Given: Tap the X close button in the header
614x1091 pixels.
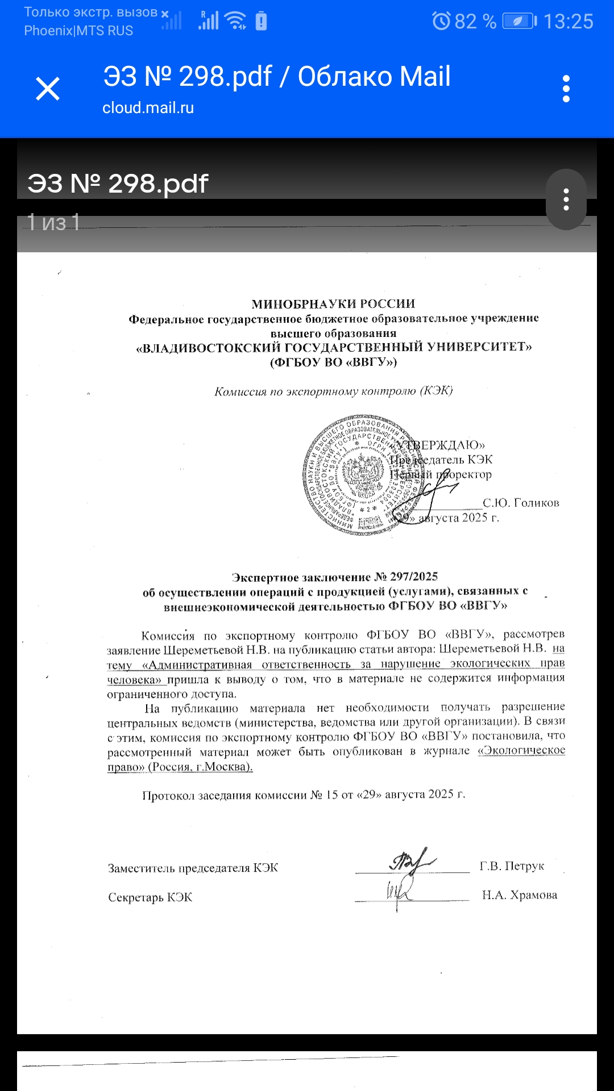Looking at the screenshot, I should [x=48, y=89].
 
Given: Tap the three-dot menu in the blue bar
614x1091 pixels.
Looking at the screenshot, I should [x=566, y=89].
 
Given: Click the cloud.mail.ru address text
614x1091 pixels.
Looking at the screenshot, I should [x=148, y=108].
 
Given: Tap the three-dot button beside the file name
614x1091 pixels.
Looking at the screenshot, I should [x=566, y=199].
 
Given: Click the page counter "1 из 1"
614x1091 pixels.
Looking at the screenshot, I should [x=53, y=222].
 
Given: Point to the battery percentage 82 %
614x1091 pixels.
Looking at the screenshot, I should [x=475, y=22].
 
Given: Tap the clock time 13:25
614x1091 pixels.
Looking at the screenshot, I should [x=568, y=22].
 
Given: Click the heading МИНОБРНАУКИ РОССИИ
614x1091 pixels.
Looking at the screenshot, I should [x=333, y=304].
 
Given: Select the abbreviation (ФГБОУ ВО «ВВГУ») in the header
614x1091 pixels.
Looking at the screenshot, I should [x=333, y=362].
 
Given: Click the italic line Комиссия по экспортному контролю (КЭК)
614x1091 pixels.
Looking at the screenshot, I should [x=333, y=392].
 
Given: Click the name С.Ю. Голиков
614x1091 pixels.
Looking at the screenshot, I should [x=521, y=503].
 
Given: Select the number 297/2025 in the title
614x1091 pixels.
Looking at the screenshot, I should [x=413, y=577].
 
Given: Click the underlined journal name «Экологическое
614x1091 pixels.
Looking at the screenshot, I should [x=521, y=750].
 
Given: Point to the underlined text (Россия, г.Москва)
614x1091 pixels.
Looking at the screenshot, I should [x=200, y=767].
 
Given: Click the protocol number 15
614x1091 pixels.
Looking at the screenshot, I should [x=332, y=795].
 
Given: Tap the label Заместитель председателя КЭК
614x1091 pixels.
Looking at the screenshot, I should [x=193, y=868].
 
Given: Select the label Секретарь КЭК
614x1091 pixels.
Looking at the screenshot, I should [x=150, y=898].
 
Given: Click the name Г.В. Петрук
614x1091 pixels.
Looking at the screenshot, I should [x=512, y=867].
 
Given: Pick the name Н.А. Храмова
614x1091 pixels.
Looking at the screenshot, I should [x=520, y=896].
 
